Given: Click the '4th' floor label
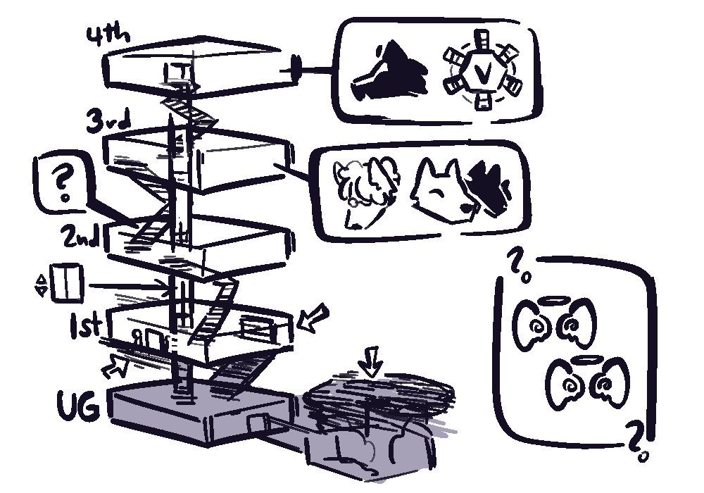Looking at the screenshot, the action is point(108,36).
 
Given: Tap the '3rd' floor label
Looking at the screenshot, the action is point(109,121).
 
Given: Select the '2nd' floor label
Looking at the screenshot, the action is point(81,236).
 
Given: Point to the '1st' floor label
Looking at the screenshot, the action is point(85,325).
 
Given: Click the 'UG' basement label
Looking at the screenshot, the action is point(78,406).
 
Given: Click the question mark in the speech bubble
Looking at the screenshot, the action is point(62,182).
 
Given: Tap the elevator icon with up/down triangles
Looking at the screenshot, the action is point(61,283).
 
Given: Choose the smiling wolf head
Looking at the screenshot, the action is point(442,191).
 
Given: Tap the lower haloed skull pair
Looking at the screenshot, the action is point(588,382).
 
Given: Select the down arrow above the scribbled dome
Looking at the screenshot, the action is point(371,361).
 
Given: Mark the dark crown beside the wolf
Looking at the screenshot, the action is point(489,187).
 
